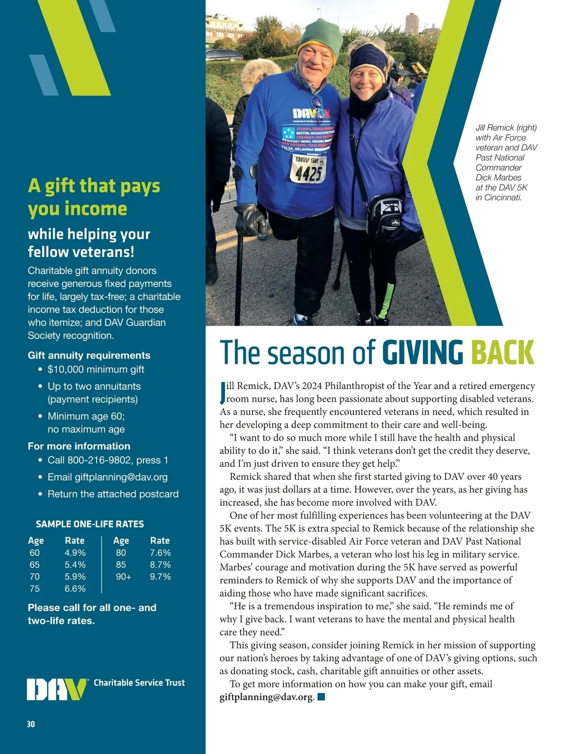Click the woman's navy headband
click(368, 58)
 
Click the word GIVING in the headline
click(423, 353)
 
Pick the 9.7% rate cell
click(160, 577)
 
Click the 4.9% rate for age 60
click(75, 553)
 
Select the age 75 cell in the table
click(34, 589)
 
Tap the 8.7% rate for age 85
click(160, 565)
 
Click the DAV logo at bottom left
click(57, 689)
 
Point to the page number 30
click(31, 724)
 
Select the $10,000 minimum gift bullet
click(96, 370)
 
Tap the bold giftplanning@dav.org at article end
click(267, 697)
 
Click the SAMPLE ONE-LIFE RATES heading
click(90, 524)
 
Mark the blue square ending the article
click(321, 697)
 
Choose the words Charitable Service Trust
click(139, 683)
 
